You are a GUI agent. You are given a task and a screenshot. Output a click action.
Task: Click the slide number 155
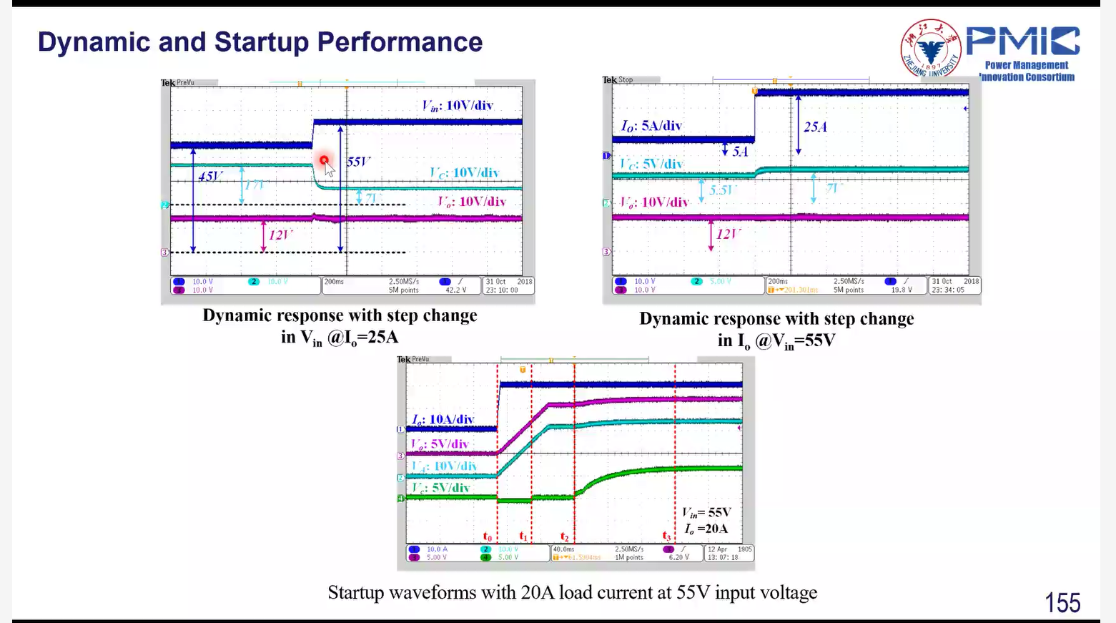(x=1062, y=603)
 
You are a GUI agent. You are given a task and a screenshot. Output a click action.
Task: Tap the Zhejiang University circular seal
(x=930, y=49)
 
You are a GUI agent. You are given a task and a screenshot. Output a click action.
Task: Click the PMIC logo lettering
(x=1023, y=41)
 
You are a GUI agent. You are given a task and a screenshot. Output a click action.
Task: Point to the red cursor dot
(x=324, y=160)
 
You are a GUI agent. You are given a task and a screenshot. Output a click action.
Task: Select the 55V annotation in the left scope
(x=359, y=162)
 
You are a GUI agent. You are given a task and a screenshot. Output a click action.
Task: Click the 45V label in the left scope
(x=211, y=176)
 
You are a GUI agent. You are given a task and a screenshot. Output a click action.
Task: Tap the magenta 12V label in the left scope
(x=280, y=235)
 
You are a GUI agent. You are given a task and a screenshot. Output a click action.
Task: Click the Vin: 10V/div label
(x=458, y=106)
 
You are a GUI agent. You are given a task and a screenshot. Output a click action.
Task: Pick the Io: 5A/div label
(x=651, y=126)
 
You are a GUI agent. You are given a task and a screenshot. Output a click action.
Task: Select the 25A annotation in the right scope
(x=816, y=127)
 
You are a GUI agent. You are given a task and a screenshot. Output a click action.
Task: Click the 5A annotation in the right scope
(x=740, y=151)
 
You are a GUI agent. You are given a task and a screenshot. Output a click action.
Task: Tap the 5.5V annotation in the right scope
(x=722, y=190)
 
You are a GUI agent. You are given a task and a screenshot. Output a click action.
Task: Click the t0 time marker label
(x=488, y=536)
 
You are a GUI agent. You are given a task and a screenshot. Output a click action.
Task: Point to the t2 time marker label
(x=565, y=536)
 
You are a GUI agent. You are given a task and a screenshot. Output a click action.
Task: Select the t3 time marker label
(x=666, y=536)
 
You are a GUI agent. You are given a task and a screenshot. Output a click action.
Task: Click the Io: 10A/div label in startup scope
(x=443, y=419)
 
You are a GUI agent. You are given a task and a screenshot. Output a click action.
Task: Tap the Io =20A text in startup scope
(x=706, y=529)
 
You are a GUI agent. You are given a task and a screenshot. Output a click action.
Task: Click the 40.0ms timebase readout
(x=563, y=549)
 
